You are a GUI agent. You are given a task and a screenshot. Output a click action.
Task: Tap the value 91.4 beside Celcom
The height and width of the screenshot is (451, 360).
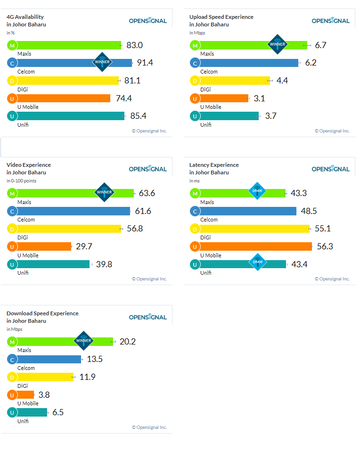click(145, 63)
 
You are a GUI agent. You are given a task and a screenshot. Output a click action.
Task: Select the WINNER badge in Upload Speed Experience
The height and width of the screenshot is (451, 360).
click(277, 44)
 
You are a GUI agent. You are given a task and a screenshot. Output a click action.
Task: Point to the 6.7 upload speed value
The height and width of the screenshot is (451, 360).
click(321, 45)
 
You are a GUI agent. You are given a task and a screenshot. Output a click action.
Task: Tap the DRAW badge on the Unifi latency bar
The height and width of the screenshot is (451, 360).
click(258, 262)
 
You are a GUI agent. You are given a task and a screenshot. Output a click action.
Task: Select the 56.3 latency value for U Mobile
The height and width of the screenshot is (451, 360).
click(325, 246)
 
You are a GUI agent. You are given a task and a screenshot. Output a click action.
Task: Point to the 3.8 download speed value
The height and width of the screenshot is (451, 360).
click(44, 395)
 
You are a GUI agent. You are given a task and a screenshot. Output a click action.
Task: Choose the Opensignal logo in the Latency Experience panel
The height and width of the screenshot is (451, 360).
click(330, 169)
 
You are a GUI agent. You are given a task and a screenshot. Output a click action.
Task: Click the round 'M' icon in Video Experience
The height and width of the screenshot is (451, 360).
click(12, 193)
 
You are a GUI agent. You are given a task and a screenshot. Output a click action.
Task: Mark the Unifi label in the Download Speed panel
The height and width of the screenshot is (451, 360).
click(23, 421)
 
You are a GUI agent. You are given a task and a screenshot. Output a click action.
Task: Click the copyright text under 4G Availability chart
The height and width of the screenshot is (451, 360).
click(149, 131)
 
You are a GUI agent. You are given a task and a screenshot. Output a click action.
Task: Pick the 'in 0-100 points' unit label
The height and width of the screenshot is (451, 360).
click(21, 181)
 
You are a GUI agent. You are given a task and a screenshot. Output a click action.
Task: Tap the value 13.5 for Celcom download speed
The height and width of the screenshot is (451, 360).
click(95, 359)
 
